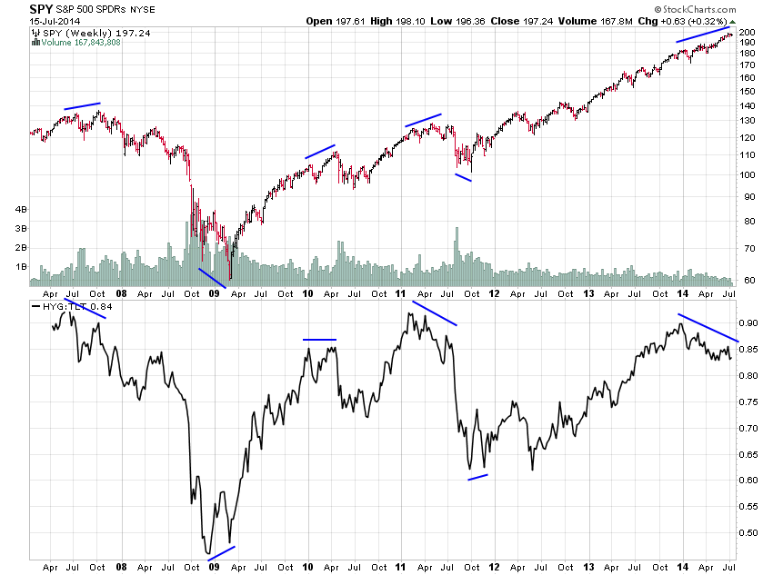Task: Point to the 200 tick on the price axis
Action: click(746, 33)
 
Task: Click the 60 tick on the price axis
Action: click(745, 281)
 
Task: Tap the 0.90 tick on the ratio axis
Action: click(748, 322)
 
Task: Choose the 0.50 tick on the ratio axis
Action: click(748, 532)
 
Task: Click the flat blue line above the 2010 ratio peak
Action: click(320, 340)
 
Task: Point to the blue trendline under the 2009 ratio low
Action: click(221, 553)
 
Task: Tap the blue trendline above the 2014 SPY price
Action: click(705, 35)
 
